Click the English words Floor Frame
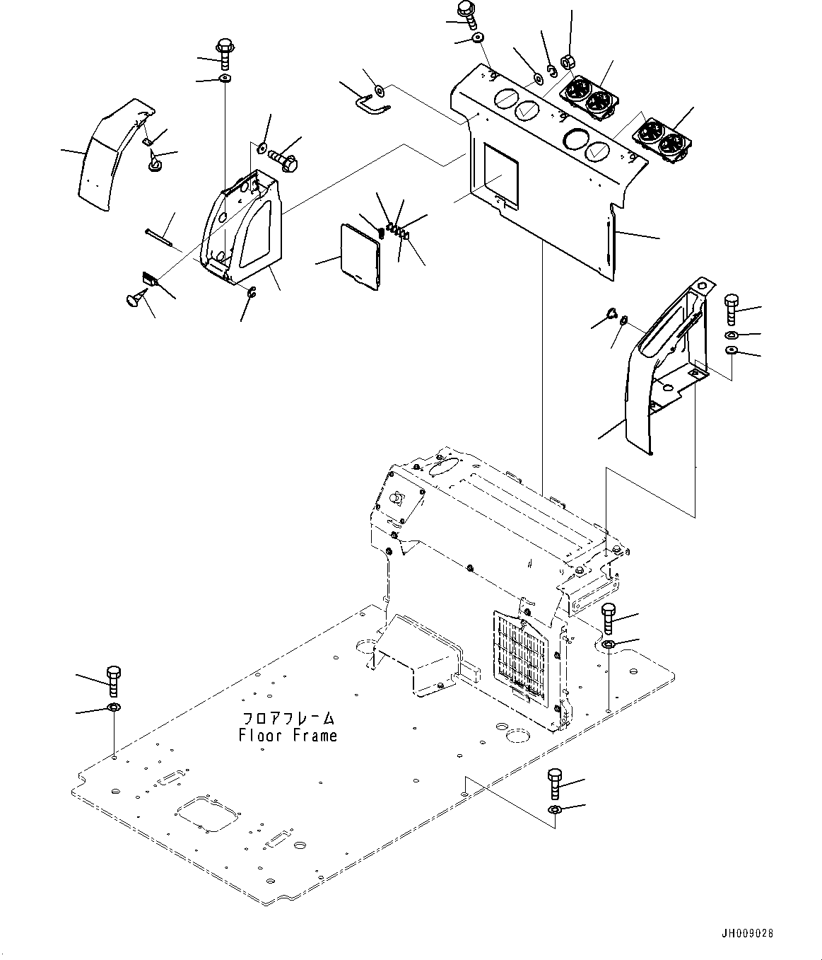pos(288,736)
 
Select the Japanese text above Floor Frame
pos(288,719)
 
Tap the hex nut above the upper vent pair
pos(567,62)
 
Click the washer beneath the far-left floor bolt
pos(113,707)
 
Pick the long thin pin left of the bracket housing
pos(158,237)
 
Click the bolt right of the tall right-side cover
pos(731,308)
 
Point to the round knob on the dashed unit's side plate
pos(397,498)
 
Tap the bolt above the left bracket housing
pos(225,54)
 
